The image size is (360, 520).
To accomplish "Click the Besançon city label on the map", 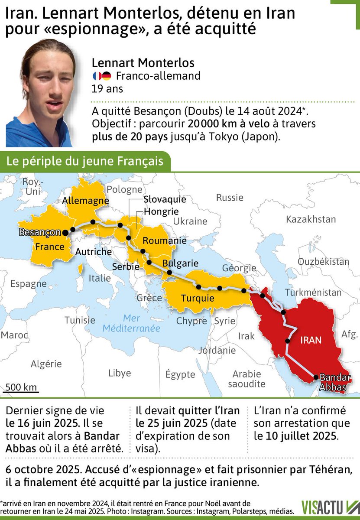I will click(40, 232).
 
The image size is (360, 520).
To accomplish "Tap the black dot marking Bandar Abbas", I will click(316, 377).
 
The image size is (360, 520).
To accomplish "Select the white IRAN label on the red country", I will click(311, 340).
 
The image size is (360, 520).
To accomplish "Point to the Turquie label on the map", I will click(198, 298).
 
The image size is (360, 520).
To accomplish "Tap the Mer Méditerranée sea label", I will click(131, 323).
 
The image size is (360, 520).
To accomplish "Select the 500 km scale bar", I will click(21, 391).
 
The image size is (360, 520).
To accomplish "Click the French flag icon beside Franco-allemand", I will click(97, 76).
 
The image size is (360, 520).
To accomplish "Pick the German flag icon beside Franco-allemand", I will click(107, 76).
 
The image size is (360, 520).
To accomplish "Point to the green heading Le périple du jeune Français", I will click(84, 162).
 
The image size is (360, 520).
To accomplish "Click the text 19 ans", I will click(107, 89).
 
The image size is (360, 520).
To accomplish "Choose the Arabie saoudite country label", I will click(246, 379).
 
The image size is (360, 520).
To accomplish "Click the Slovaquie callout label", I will click(165, 199).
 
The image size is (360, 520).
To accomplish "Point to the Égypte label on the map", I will click(180, 374).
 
